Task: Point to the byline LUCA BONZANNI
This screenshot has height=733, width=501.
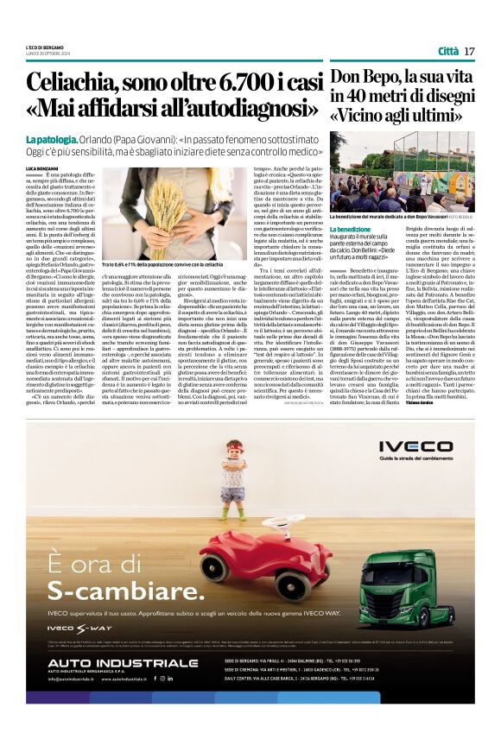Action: point(41,166)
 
